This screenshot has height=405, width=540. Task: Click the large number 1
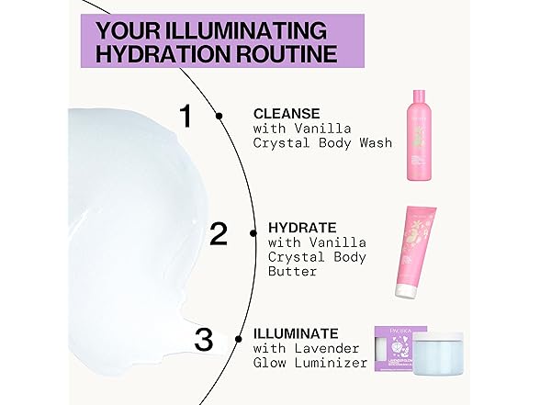(x=187, y=117)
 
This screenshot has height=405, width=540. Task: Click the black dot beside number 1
(x=219, y=116)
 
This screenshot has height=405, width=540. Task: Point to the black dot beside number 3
(x=239, y=339)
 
